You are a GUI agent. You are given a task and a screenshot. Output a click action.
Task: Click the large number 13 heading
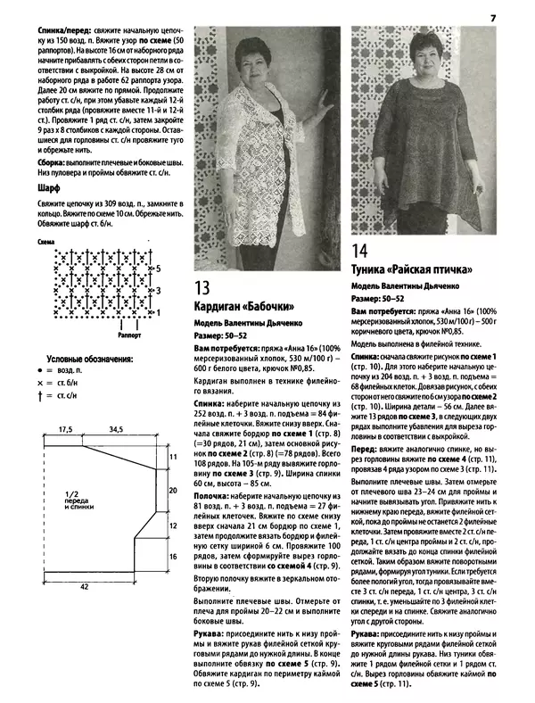(x=202, y=287)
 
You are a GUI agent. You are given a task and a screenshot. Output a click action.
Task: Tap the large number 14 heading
(x=360, y=251)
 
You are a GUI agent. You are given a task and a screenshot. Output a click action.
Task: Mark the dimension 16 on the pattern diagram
(x=175, y=555)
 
